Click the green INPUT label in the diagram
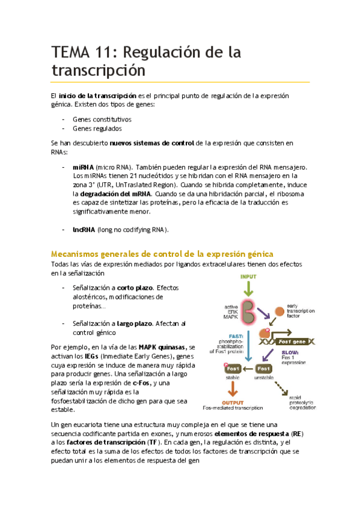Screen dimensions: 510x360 tap(248, 277)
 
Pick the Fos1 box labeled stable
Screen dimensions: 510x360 tap(234, 369)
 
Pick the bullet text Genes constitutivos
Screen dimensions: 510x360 tap(102, 119)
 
